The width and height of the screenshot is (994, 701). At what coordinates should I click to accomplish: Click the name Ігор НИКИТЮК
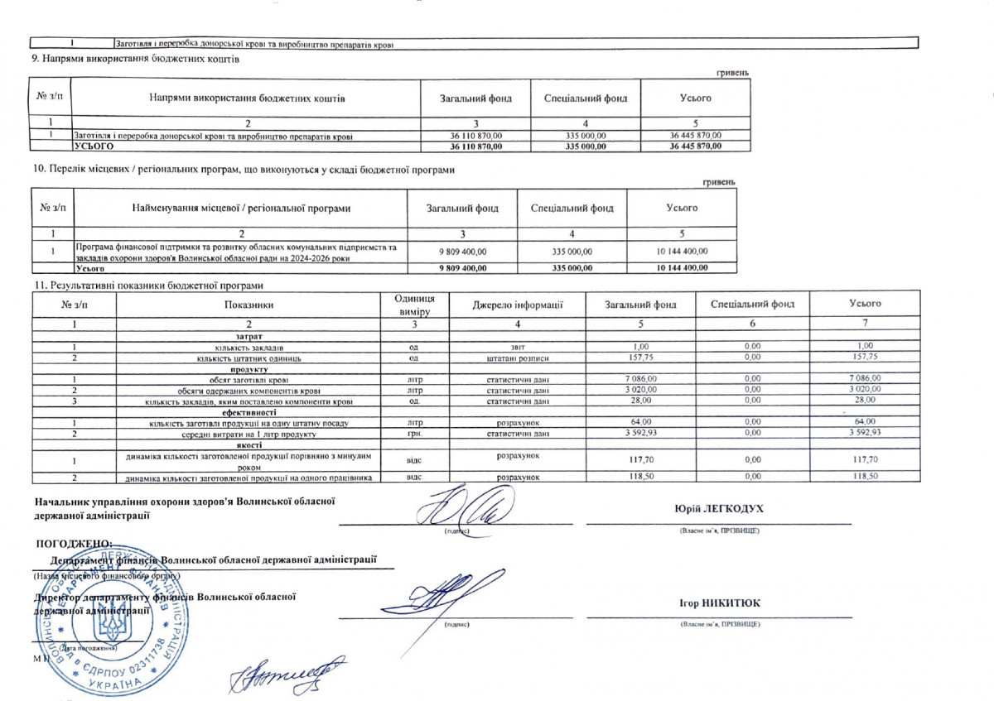point(718,603)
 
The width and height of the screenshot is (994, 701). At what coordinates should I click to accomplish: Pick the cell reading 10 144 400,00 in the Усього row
point(682,268)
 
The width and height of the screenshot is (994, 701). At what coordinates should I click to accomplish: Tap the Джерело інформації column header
point(518,305)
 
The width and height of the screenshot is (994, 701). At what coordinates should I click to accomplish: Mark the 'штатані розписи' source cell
point(518,358)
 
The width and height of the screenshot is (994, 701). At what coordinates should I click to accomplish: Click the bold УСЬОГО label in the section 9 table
point(94,146)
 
